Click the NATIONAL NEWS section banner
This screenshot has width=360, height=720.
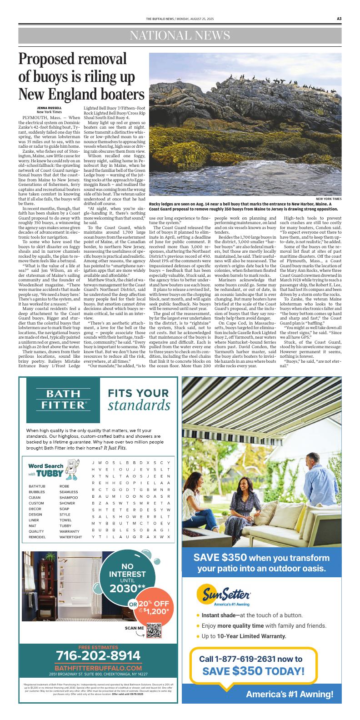click(180, 35)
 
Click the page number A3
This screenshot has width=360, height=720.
click(339, 19)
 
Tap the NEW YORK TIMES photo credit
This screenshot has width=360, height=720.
click(329, 199)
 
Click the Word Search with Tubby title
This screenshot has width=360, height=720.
click(46, 470)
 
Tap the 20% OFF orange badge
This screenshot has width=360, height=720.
click(152, 607)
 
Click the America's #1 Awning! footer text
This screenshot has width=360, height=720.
click(290, 694)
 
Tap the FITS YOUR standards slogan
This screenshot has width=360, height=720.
click(139, 399)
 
